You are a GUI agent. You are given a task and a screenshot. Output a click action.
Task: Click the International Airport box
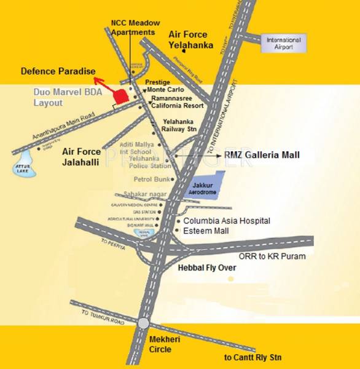[283, 44]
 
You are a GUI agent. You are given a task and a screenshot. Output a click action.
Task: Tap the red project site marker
[121, 96]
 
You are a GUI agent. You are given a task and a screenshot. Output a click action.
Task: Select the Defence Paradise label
[58, 71]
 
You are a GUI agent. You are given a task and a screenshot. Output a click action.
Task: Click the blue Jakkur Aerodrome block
[202, 185]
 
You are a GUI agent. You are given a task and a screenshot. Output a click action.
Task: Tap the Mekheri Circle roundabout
[143, 323]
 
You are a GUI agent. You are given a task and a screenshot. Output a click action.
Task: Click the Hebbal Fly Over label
[206, 269]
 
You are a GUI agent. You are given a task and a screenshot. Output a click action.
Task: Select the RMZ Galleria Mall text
[262, 156]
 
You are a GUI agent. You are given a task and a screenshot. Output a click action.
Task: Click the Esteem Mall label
[206, 231]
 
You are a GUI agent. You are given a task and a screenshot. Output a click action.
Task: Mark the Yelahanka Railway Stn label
[179, 126]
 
